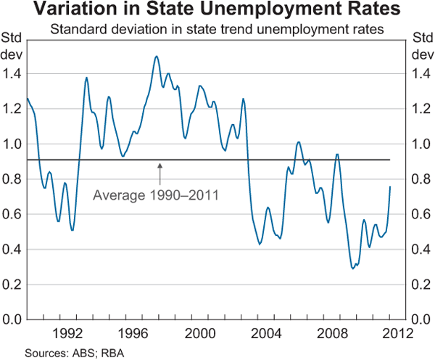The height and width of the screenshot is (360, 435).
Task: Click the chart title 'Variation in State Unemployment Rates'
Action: pos(217,11)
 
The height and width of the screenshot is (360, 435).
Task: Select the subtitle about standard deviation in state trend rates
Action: pos(217,30)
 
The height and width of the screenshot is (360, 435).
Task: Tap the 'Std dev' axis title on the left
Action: pos(12,46)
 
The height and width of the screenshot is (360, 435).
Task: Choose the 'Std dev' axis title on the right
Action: pos(421,46)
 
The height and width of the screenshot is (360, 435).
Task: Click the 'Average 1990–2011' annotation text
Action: pos(157,195)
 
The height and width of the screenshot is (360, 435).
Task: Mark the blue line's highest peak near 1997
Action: pos(157,56)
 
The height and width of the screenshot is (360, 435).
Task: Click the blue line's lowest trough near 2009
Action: pos(353,269)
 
